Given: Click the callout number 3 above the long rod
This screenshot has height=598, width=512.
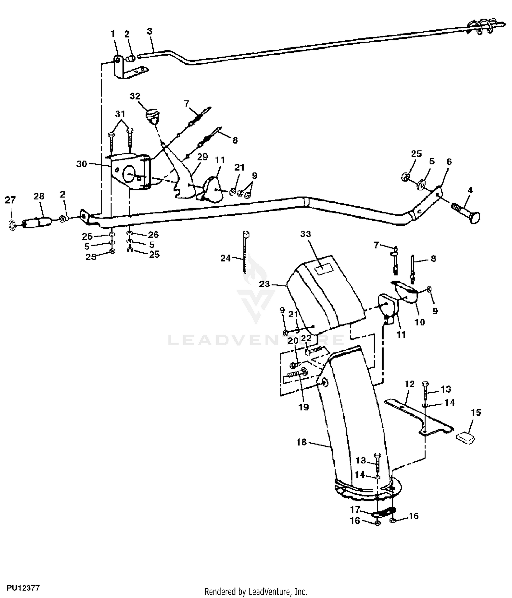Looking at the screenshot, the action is (x=150, y=31).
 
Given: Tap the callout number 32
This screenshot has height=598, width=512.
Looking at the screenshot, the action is (x=135, y=96).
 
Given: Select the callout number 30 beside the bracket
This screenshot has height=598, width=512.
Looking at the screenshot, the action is (x=82, y=164).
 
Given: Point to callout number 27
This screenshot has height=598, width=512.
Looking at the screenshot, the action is (x=10, y=200).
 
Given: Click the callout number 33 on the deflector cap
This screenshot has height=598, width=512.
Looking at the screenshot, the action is (x=305, y=234).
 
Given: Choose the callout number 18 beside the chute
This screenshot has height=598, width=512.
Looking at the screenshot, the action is (x=301, y=442).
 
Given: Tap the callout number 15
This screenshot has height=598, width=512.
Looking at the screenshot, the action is (x=475, y=412).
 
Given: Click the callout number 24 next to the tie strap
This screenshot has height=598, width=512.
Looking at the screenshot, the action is (x=226, y=258).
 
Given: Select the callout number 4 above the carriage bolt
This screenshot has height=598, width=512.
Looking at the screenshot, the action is (x=470, y=190).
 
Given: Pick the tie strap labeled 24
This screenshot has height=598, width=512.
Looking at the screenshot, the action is (x=246, y=252).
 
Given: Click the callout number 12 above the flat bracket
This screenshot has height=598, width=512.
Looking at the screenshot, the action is (x=409, y=384).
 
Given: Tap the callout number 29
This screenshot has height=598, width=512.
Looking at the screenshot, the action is (x=202, y=157).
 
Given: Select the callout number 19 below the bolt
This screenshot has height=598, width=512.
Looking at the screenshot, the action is (x=303, y=407).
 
